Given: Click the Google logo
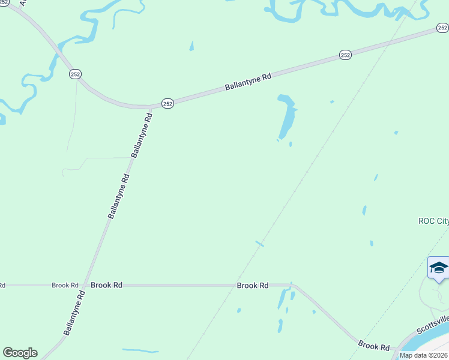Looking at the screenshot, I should (20, 353).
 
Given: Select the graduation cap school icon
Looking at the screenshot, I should (439, 268).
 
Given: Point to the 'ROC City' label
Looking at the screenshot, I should (433, 221).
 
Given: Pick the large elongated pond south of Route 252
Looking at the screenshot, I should (287, 117).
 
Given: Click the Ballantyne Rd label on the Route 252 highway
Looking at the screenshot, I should (249, 82).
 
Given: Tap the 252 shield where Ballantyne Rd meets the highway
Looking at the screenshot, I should (167, 104).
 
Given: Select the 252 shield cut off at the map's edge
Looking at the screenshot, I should (442, 28).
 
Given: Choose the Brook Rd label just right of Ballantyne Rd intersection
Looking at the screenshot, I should (106, 286).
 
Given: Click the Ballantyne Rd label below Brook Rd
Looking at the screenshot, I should (71, 317).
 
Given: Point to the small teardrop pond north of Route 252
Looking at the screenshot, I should (191, 46).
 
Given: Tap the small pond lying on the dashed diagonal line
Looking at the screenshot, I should (260, 243).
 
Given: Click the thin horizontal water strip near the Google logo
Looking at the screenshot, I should (140, 350).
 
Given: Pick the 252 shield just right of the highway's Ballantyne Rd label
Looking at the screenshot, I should (345, 55).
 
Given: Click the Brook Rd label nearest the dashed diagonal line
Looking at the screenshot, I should (253, 286).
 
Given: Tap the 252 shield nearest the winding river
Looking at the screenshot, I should (75, 74).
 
